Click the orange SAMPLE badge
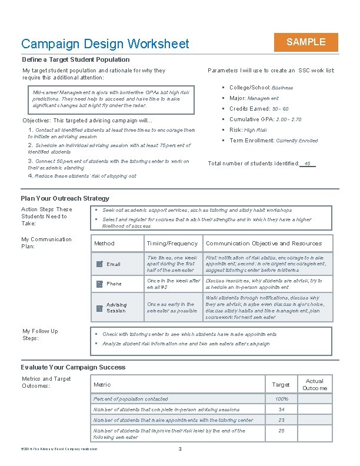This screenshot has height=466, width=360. (305, 42)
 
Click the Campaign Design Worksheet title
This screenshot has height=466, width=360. (105, 44)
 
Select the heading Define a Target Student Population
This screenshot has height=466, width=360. (76, 59)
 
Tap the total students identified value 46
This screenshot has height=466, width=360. (307, 164)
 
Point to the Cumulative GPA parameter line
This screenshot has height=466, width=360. (265, 119)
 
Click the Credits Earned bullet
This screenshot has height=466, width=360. (259, 109)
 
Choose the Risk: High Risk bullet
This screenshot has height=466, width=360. (248, 130)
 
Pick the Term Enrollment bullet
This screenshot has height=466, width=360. (273, 141)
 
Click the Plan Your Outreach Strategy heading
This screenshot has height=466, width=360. (65, 198)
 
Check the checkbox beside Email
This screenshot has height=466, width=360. (99, 264)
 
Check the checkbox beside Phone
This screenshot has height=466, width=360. (99, 284)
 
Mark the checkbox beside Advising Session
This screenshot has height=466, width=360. (99, 308)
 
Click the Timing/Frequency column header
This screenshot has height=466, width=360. (172, 244)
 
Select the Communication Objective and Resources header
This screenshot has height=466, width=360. (264, 244)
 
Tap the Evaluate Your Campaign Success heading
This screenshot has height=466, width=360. (73, 367)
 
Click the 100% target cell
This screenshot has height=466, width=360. (281, 399)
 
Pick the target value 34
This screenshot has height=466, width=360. (281, 410)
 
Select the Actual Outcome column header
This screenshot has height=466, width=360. (315, 385)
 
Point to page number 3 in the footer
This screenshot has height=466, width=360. (179, 450)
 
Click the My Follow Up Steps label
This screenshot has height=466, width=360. (40, 335)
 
